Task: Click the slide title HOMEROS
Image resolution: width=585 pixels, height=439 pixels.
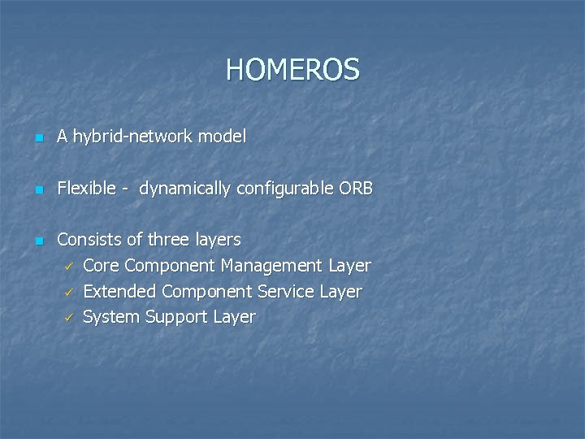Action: tap(292, 70)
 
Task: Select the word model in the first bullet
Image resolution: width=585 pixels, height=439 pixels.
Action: tap(223, 137)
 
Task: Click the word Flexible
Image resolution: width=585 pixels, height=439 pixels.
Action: tap(87, 189)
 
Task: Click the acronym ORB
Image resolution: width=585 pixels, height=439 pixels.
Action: tap(357, 189)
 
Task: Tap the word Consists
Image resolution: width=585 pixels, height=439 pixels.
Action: tap(89, 240)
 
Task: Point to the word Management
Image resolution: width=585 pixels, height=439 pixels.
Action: tap(271, 267)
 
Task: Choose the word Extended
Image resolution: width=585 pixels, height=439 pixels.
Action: tap(120, 291)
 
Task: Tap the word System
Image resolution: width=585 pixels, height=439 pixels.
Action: tap(111, 317)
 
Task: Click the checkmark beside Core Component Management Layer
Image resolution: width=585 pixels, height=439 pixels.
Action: tap(70, 267)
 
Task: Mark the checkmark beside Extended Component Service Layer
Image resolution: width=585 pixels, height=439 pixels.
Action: tap(70, 292)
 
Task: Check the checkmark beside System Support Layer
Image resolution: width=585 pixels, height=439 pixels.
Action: tap(70, 318)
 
